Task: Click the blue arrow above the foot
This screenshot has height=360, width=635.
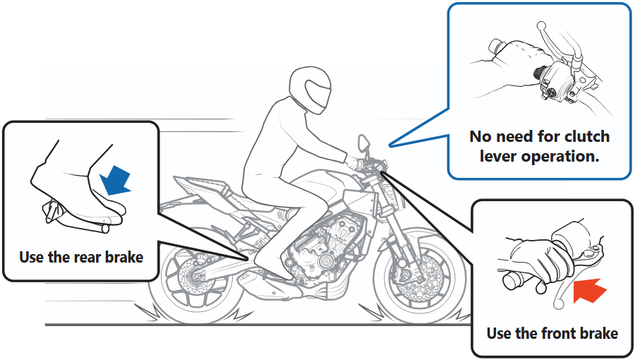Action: pyautogui.click(x=115, y=181)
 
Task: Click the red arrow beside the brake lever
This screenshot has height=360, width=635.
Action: pyautogui.click(x=590, y=290)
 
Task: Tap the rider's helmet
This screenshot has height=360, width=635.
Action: pyautogui.click(x=310, y=90)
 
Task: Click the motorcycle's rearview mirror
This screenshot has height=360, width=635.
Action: pyautogui.click(x=363, y=143)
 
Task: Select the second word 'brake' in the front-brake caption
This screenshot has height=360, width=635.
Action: pyautogui.click(x=599, y=333)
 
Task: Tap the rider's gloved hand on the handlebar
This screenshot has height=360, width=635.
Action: pyautogui.click(x=354, y=162)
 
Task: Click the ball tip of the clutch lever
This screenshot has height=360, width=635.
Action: pyautogui.click(x=540, y=26)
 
